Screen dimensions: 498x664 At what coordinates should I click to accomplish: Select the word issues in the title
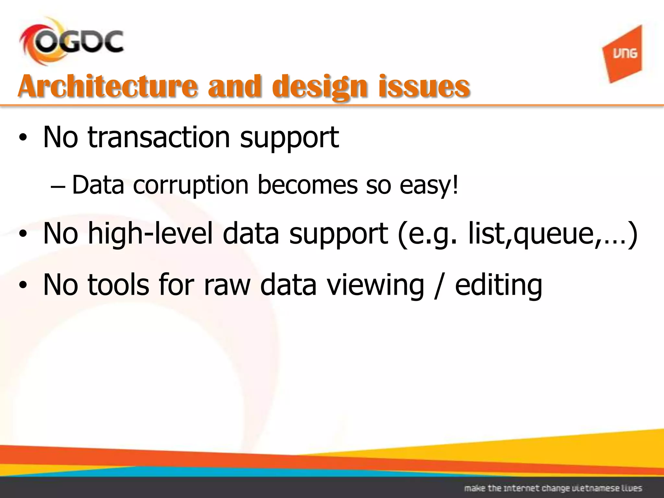(424, 86)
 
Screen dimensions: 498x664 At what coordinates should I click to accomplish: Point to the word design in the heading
(320, 87)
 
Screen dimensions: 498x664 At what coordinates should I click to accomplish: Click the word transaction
(159, 137)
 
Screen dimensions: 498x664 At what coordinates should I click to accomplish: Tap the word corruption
(191, 185)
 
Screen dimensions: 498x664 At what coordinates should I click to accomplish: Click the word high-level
(150, 233)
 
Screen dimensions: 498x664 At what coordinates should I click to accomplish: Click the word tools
(118, 285)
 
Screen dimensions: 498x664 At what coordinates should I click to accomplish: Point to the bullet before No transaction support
(22, 138)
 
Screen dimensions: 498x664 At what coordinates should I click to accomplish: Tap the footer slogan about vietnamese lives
(553, 488)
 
